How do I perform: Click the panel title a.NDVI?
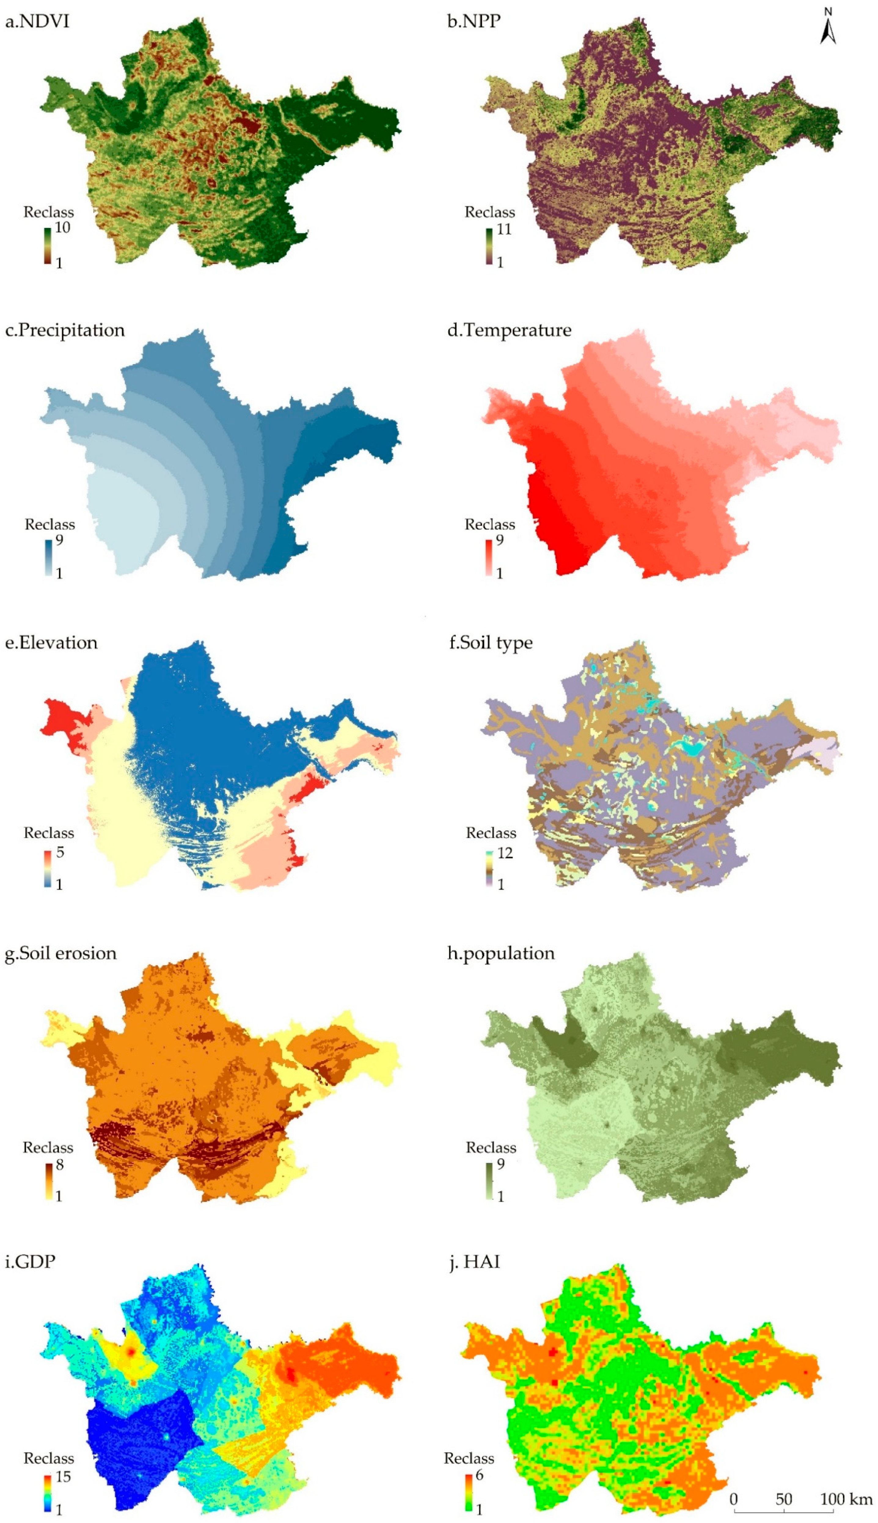(37, 22)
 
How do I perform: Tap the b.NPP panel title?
(474, 22)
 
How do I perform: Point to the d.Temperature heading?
(510, 330)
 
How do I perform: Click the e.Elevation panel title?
(51, 643)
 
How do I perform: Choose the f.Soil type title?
(491, 643)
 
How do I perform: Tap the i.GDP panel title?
(30, 1262)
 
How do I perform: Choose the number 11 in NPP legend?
(503, 229)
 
